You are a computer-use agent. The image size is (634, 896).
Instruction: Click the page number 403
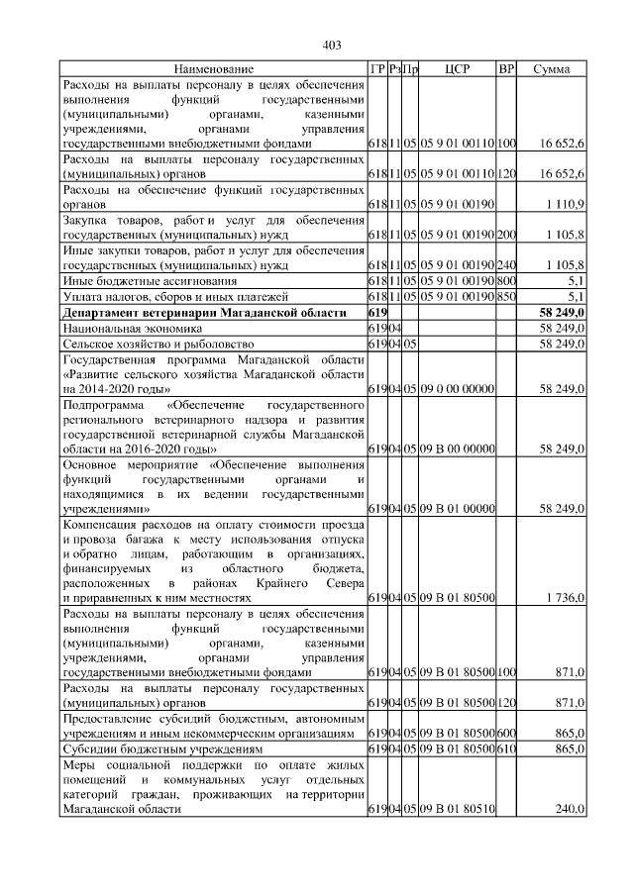pos(332,44)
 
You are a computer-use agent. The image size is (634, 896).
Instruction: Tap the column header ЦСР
pos(457,69)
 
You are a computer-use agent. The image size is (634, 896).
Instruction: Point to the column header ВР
pos(506,69)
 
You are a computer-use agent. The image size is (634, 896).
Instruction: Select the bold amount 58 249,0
pos(565,312)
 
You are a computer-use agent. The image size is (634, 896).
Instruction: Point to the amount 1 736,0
pos(566,597)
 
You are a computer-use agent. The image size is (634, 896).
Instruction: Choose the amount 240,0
pos(570,809)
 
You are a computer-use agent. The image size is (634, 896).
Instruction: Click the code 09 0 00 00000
pos(457,391)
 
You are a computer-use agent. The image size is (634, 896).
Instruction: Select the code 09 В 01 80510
pos(457,809)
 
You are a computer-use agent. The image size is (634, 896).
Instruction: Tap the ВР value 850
pos(506,296)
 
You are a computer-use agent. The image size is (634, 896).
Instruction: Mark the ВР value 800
pos(506,281)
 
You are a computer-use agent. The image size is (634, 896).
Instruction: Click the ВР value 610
pos(506,749)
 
